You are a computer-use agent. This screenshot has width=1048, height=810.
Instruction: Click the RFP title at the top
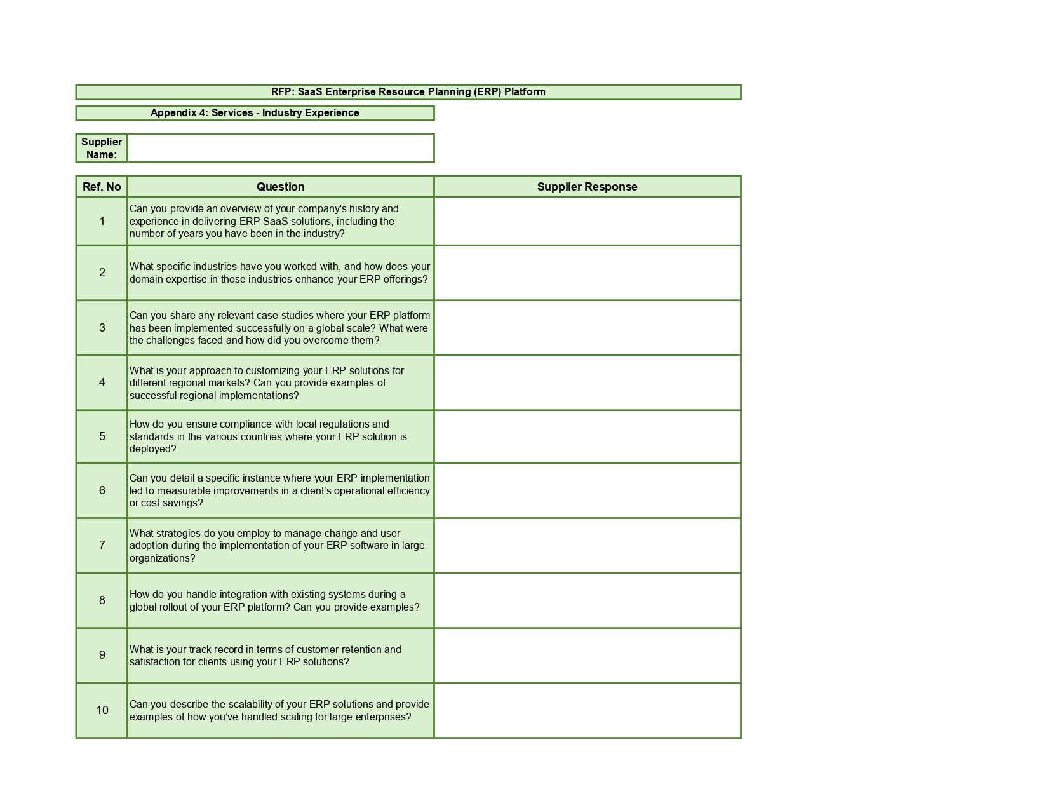point(408,92)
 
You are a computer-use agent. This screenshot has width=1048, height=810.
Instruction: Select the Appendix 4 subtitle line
point(255,113)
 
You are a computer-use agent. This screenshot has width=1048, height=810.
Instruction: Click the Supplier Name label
point(102,148)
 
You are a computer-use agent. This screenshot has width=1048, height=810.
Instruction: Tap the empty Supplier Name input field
point(280,148)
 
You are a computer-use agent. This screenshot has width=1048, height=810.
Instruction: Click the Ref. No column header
point(102,187)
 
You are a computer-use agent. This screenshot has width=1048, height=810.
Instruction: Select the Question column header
point(280,187)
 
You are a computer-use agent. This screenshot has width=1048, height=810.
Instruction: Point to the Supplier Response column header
point(587,187)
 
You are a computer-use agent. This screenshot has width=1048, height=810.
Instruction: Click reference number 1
point(102,221)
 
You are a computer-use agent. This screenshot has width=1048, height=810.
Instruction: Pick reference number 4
point(102,382)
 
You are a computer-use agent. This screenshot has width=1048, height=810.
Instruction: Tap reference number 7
point(102,545)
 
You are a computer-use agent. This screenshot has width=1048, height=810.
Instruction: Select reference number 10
point(102,710)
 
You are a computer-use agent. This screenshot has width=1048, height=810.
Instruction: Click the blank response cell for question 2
point(587,273)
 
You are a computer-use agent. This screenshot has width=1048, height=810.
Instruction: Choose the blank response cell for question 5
point(587,436)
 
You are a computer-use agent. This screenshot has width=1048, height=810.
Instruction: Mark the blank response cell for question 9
point(587,655)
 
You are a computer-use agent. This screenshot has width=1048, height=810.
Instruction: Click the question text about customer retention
point(265,656)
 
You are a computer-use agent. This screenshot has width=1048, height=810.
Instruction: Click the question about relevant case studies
point(279,328)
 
